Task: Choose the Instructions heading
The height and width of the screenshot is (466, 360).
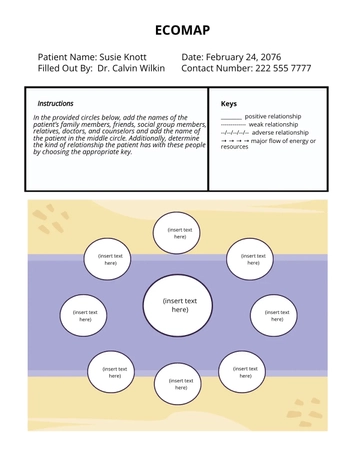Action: pos(55,103)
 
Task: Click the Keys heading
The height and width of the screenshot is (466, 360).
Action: pos(228,103)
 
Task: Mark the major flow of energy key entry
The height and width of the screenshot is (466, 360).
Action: pos(270,143)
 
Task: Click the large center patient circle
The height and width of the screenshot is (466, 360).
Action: pos(180,305)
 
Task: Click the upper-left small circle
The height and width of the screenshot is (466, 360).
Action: pos(110,259)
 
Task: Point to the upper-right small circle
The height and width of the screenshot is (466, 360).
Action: pos(253,259)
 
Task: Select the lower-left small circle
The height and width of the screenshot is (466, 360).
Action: pos(114,372)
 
